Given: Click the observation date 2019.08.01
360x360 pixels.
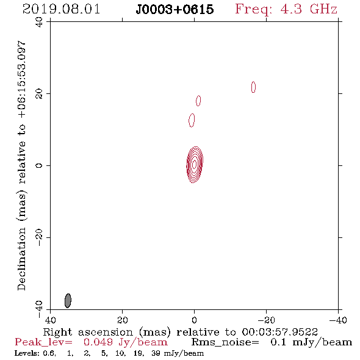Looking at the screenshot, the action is point(61,9).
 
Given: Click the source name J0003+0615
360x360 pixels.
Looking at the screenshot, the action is point(175,9).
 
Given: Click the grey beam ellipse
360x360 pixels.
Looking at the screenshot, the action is point(68,301).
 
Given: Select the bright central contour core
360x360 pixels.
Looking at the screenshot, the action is point(195,165).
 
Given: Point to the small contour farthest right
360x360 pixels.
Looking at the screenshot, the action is point(253,87).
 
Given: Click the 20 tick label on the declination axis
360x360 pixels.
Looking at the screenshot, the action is point(39,94).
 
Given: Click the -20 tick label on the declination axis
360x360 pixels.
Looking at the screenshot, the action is point(39,237).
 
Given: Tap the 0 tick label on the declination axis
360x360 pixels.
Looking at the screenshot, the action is point(39,165).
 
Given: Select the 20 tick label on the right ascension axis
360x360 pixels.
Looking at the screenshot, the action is point(123,320).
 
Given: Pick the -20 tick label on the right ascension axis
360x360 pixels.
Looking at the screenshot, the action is point(266,320).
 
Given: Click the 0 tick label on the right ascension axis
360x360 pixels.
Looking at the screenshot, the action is point(195,320).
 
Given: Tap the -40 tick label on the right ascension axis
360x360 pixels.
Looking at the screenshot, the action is point(338,320).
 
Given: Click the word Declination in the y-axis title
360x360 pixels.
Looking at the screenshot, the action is point(21,259).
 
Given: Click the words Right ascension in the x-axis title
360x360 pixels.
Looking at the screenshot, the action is point(88,332).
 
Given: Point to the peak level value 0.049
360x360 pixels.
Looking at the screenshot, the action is point(98,342).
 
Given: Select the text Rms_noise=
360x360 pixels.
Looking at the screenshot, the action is point(225,342).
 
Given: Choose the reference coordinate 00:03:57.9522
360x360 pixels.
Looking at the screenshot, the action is point(279,332).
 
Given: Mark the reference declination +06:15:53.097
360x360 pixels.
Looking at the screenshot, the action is point(21,79).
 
